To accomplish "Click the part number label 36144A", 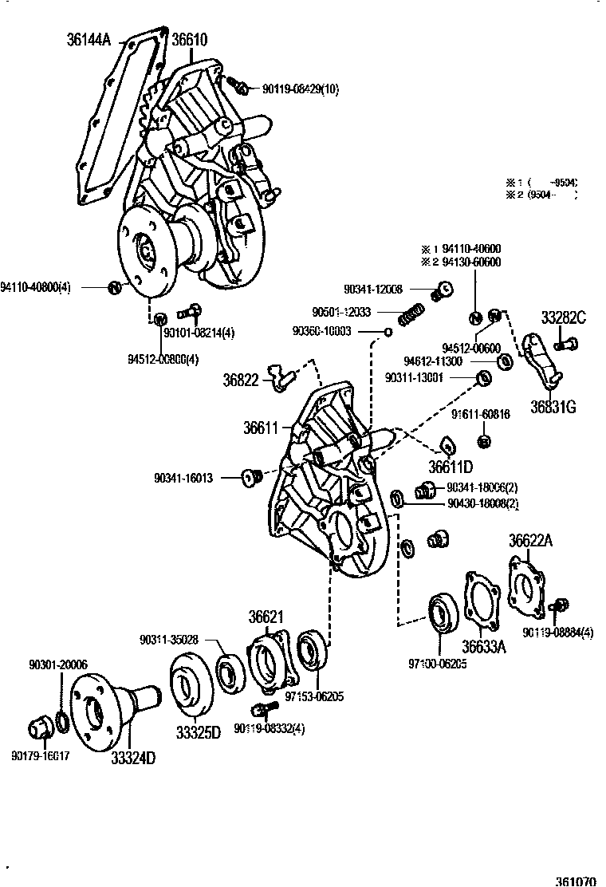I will click(x=89, y=38).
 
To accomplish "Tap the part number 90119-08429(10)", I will click(x=300, y=89).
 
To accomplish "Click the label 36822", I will click(x=241, y=380).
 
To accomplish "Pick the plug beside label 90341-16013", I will click(x=253, y=478).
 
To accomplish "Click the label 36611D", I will click(x=451, y=467).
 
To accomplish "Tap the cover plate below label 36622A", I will click(x=528, y=586).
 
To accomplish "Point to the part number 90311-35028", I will click(x=168, y=639).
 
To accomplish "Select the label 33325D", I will click(x=196, y=732).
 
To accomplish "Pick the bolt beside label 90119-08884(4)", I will click(x=561, y=608).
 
